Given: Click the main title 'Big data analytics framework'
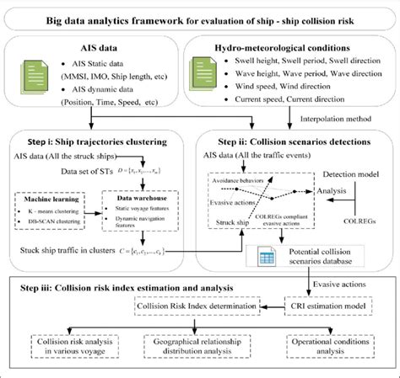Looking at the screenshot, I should click(200, 10).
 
